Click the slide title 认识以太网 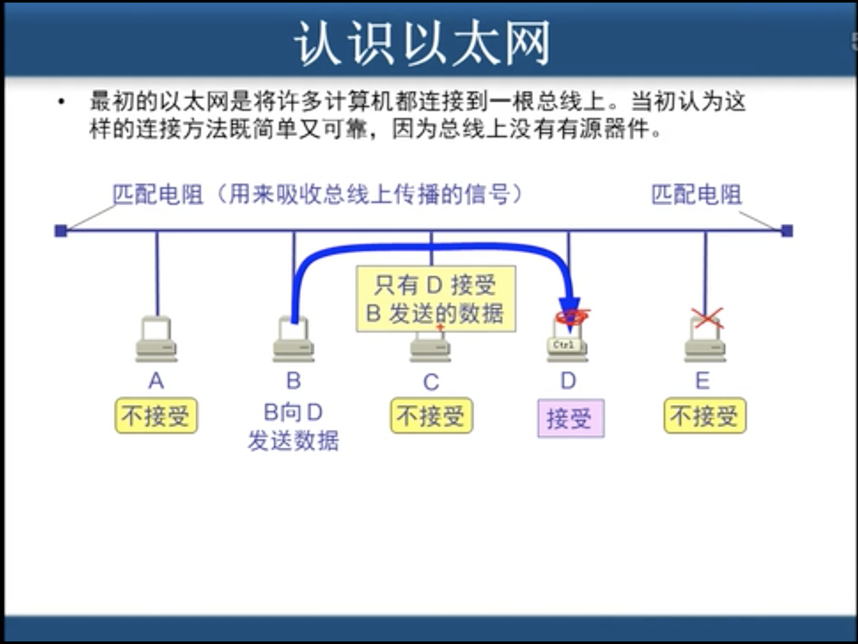(x=423, y=44)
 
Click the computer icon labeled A (x=156, y=339)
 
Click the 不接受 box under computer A (x=156, y=416)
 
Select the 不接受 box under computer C (x=431, y=416)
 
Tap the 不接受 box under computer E (x=705, y=416)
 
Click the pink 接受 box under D (x=570, y=418)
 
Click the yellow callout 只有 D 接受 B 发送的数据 (x=435, y=299)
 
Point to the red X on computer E (x=707, y=318)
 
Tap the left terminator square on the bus (x=61, y=231)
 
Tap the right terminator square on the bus (x=787, y=231)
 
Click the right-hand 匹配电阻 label (x=696, y=194)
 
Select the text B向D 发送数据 (x=293, y=427)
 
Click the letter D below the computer (x=568, y=381)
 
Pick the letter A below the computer (x=156, y=381)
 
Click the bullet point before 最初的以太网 (x=62, y=102)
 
